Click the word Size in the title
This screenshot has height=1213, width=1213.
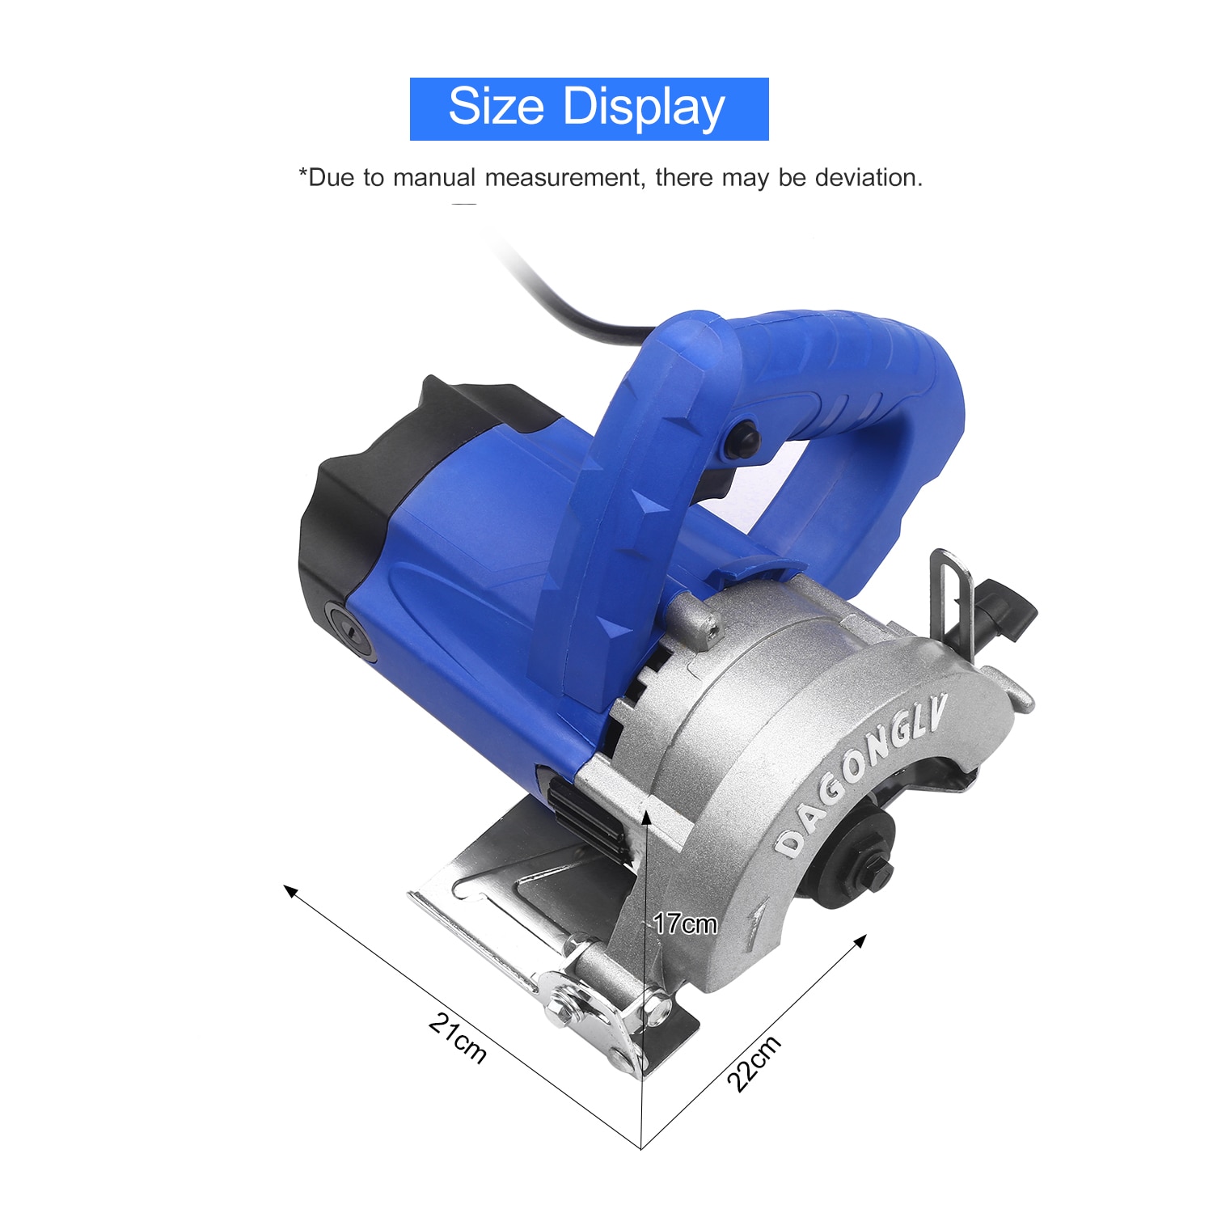tap(496, 107)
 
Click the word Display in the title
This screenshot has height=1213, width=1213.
tap(644, 108)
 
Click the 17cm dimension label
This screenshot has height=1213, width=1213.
tap(685, 923)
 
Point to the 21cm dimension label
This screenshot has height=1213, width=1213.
tap(458, 1038)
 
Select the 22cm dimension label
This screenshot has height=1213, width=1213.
tap(754, 1063)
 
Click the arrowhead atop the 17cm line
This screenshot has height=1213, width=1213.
tap(647, 816)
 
